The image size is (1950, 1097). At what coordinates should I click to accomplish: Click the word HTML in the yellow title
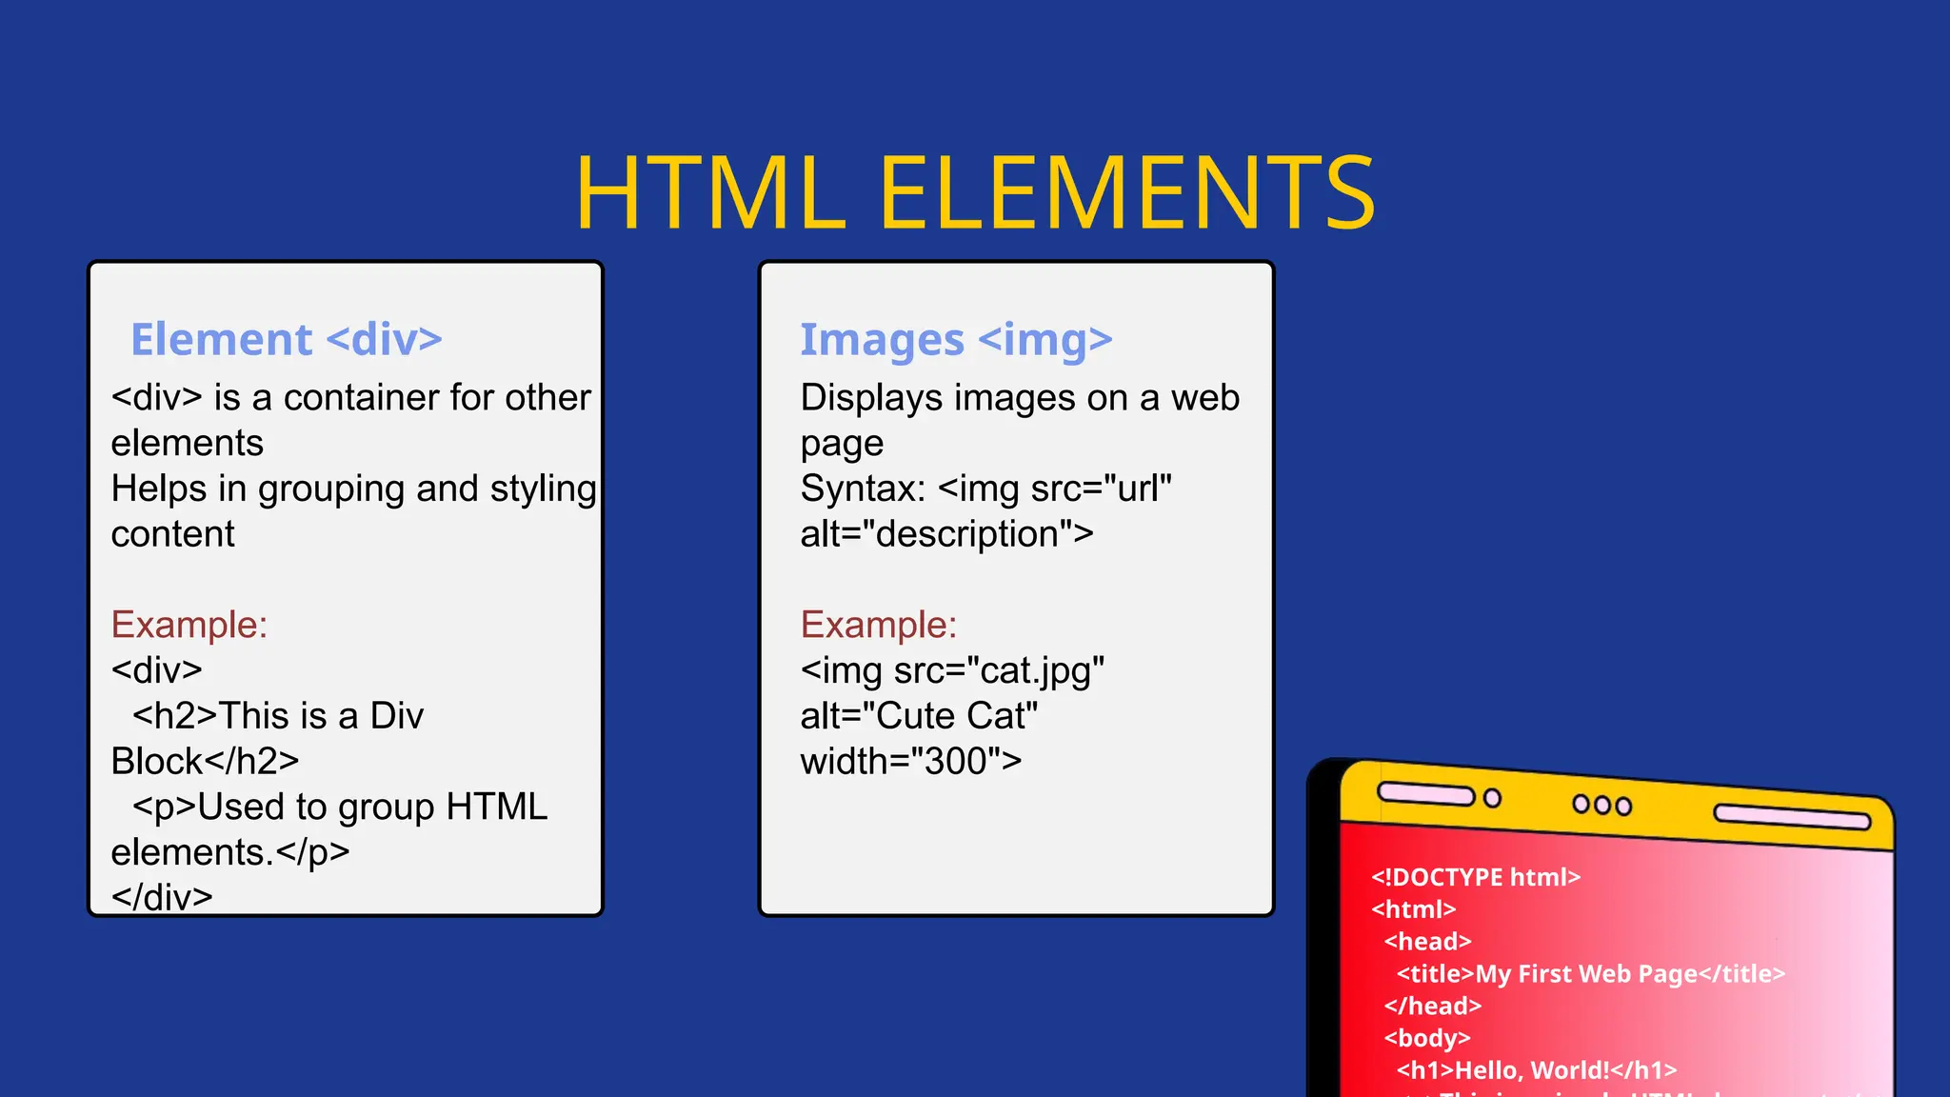(710, 193)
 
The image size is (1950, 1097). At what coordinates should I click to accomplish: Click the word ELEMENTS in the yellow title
(1126, 193)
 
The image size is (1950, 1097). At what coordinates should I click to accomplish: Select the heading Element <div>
(287, 339)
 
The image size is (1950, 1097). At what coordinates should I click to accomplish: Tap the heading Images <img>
(956, 340)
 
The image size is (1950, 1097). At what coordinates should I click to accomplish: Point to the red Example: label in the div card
(189, 625)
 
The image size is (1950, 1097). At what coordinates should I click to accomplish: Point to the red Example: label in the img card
(879, 625)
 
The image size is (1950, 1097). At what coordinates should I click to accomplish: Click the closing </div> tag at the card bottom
(162, 897)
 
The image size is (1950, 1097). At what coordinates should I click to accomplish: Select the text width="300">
(911, 761)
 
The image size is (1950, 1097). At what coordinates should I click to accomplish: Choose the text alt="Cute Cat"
(919, 715)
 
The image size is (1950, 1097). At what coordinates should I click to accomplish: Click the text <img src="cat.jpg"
(952, 670)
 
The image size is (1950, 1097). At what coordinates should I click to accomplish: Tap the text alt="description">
(946, 534)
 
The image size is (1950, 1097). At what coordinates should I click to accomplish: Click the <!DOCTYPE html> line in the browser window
(1476, 877)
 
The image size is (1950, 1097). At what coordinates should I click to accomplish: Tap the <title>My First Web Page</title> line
(1590, 973)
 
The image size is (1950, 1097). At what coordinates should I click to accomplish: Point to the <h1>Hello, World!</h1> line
(1536, 1070)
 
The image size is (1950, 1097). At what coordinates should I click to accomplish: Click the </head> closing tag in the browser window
(1433, 1006)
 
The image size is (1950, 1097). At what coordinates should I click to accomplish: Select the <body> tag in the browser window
(1427, 1038)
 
